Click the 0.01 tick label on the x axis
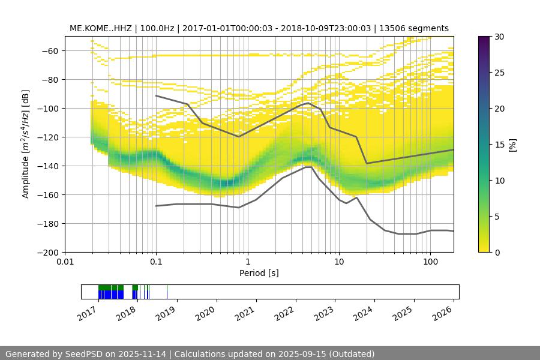[65, 262]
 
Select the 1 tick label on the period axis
[247, 262]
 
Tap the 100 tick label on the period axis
[430, 262]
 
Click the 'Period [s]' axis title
[259, 273]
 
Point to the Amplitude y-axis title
[25, 144]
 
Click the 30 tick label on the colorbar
[498, 37]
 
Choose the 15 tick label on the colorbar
[498, 145]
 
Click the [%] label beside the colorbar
[512, 145]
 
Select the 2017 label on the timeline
[88, 313]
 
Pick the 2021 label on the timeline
[246, 313]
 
